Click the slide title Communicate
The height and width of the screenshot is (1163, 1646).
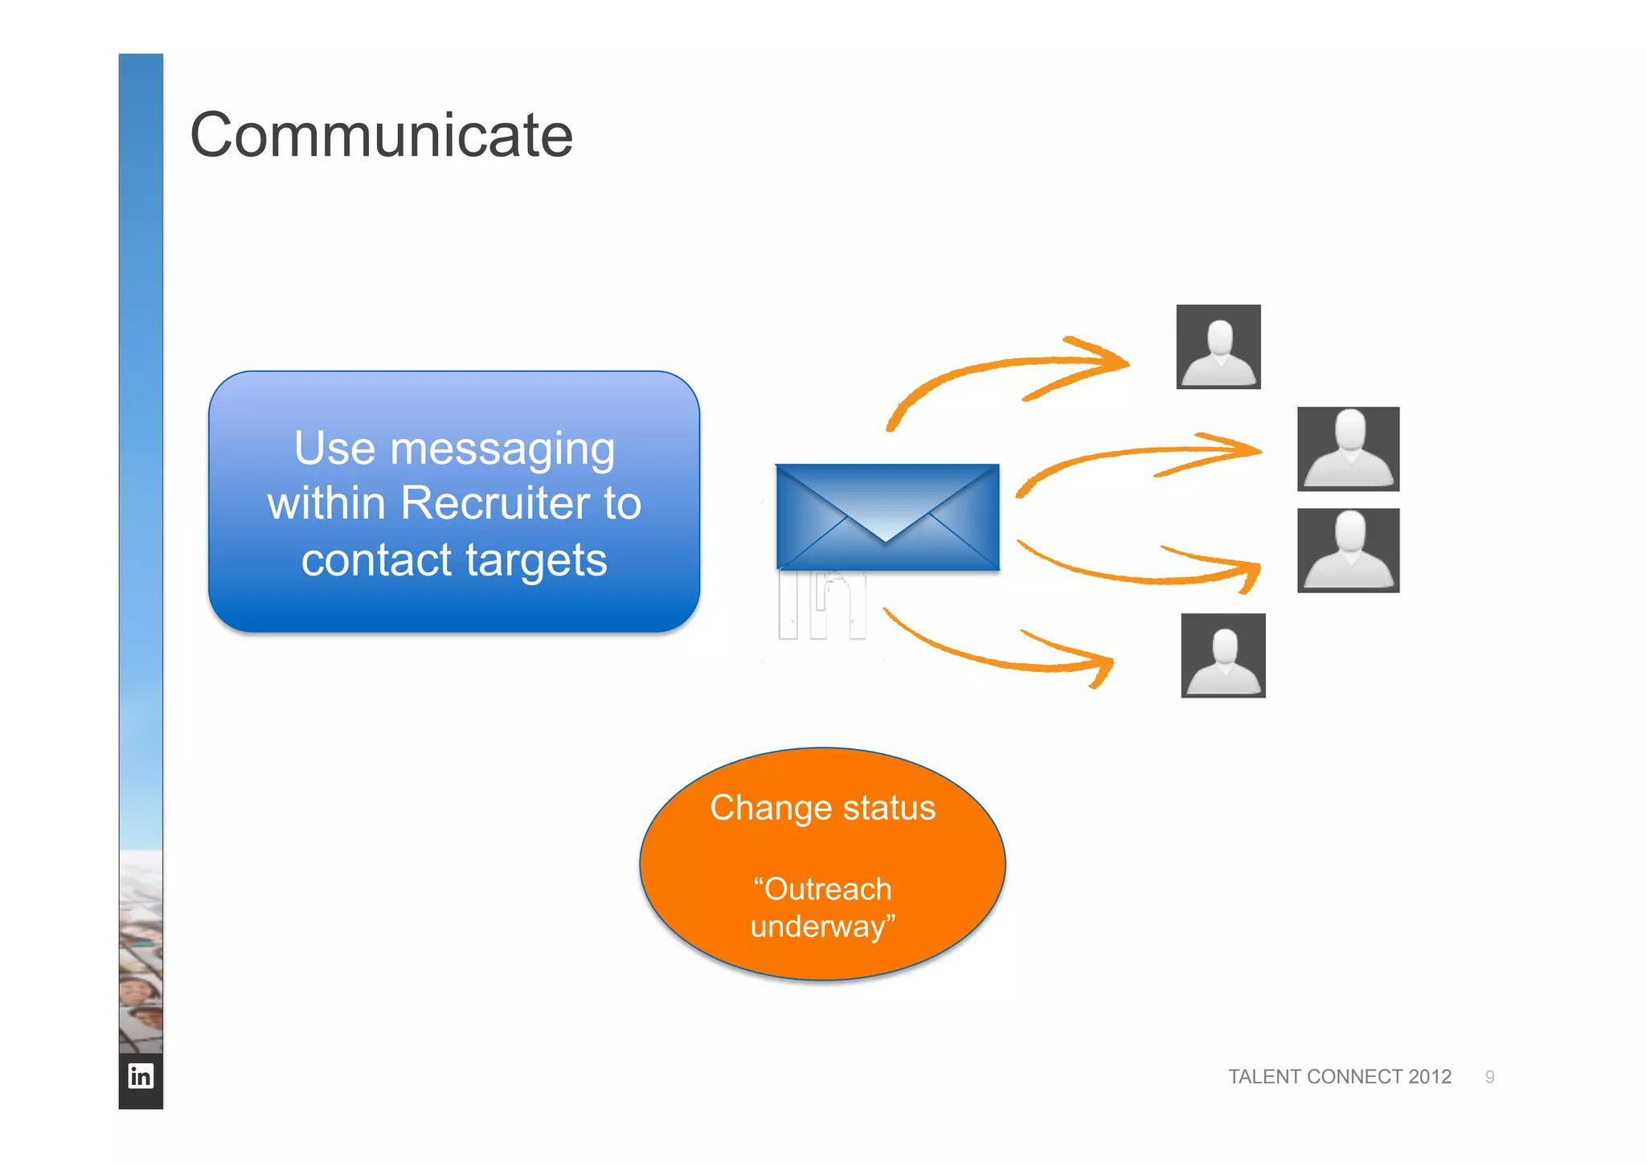point(381,135)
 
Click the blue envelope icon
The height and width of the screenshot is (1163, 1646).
point(887,517)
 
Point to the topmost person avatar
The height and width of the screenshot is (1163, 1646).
point(1218,346)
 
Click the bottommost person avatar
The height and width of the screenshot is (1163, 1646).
point(1222,655)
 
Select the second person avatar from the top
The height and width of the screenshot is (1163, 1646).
point(1348,448)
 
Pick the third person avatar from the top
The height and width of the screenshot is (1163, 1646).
point(1348,551)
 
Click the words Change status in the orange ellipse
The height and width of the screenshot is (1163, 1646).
point(822,808)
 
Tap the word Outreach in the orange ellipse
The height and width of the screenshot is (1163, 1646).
point(827,890)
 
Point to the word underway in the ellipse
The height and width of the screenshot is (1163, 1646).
point(817,927)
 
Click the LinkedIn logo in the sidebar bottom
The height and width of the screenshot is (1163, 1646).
point(141,1076)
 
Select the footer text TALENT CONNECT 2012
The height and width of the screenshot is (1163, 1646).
point(1339,1077)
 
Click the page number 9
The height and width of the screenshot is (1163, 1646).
point(1489,1077)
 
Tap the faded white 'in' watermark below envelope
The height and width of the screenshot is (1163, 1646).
point(822,604)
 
